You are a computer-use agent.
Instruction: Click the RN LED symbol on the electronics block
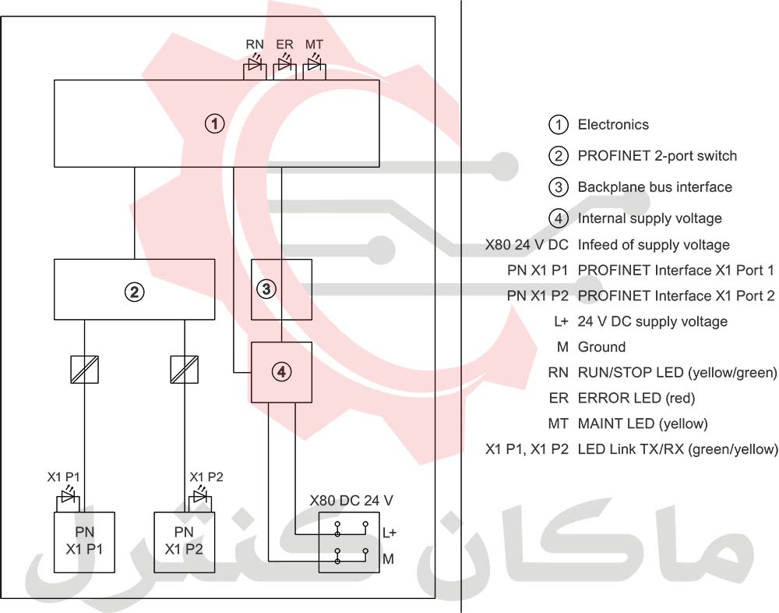point(255,68)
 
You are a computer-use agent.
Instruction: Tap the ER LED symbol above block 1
point(284,68)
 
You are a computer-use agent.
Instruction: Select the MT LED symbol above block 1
point(314,68)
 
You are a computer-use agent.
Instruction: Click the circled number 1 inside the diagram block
point(214,123)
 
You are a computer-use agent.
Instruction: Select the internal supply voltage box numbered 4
point(281,372)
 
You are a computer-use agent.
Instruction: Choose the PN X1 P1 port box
point(84,542)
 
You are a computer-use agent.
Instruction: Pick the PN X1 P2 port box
point(185,542)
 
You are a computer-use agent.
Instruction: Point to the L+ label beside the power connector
point(389,533)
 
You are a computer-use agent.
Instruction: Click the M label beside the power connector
point(388,559)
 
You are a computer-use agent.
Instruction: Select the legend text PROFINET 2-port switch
point(657,156)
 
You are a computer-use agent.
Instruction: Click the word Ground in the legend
point(601,347)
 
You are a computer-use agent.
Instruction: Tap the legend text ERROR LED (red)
point(636,398)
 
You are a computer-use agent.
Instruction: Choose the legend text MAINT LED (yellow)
point(642,423)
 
